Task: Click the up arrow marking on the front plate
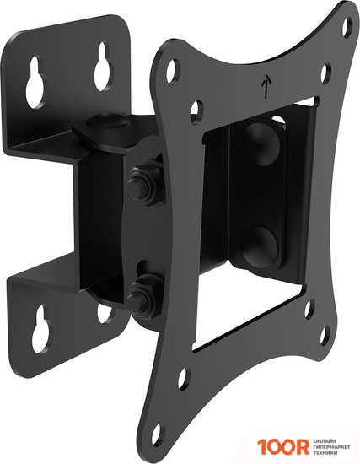[266, 86]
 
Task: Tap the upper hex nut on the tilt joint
[142, 186]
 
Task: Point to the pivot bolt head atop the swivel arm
[105, 120]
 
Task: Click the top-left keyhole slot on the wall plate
[35, 81]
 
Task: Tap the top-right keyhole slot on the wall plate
[103, 66]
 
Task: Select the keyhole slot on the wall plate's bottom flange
[40, 329]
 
